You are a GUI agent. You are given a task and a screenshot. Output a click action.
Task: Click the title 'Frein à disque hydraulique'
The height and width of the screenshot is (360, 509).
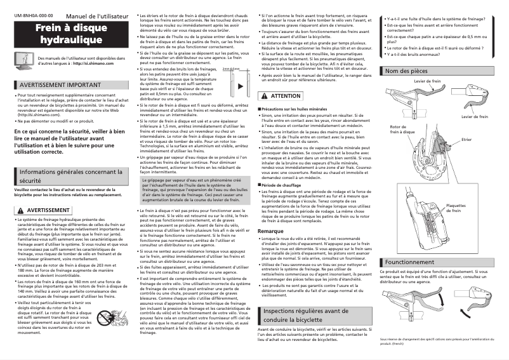(71, 34)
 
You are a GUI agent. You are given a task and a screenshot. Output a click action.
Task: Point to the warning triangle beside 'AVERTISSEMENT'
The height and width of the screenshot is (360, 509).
(20, 210)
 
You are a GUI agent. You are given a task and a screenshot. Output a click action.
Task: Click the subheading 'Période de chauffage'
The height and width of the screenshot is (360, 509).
(284, 184)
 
